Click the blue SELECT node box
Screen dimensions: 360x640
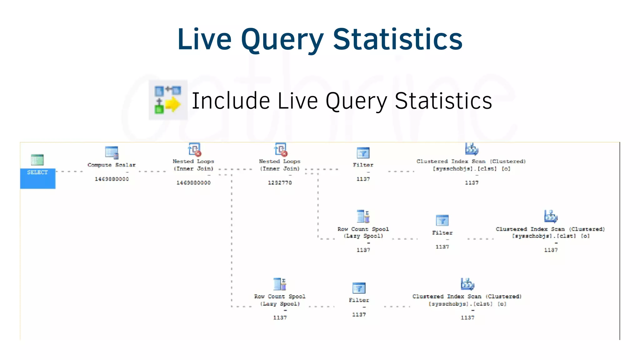click(37, 178)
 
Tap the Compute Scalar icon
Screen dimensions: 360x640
click(112, 153)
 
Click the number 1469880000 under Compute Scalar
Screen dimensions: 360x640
click(112, 179)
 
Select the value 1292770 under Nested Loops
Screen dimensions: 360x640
click(280, 183)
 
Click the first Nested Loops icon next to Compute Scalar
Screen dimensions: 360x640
click(194, 149)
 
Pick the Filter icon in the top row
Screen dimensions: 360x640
click(363, 153)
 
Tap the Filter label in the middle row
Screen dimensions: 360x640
click(442, 233)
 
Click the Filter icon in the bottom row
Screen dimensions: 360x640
click(359, 288)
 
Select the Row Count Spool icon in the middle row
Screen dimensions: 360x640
click(363, 216)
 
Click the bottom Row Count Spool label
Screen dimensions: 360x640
click(280, 300)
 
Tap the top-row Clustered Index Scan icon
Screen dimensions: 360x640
click(472, 149)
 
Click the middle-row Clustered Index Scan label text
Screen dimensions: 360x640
click(550, 232)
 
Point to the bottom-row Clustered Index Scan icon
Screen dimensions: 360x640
click(467, 284)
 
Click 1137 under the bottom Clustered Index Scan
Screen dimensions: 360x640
click(467, 317)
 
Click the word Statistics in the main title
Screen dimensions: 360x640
click(397, 39)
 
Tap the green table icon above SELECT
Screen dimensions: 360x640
click(37, 160)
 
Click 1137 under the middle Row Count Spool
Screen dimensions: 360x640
click(363, 250)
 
